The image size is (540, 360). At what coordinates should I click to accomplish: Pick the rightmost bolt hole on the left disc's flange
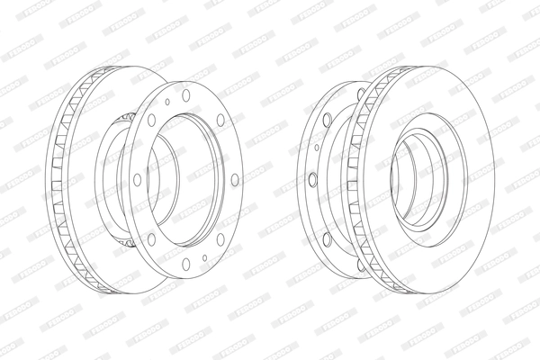tap(236, 180)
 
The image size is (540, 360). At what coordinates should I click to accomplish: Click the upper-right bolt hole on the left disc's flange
tap(221, 118)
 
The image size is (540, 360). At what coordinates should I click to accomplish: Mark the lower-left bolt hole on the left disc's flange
tap(149, 240)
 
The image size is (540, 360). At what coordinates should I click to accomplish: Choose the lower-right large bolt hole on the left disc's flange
tap(221, 240)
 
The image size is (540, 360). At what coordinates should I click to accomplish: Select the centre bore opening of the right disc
tap(423, 180)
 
